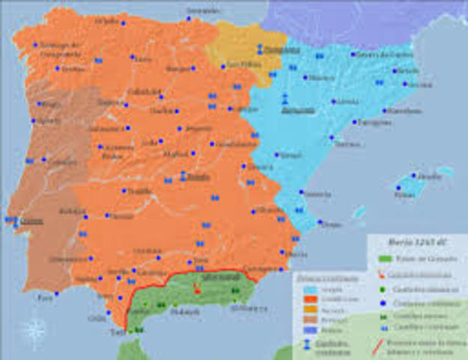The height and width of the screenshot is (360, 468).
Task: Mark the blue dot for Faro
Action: tap(56, 293)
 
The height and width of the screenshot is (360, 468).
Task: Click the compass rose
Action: tap(31, 329)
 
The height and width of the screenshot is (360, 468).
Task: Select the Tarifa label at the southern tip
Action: tap(117, 331)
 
